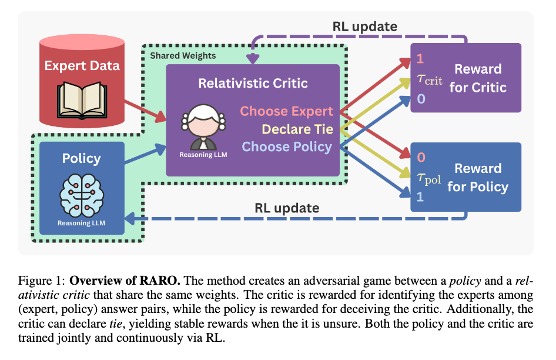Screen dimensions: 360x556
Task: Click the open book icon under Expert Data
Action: (x=82, y=98)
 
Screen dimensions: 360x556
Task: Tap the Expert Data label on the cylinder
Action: (x=82, y=65)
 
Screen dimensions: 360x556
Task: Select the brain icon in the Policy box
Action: (x=82, y=194)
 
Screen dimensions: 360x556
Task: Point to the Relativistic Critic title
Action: (x=253, y=83)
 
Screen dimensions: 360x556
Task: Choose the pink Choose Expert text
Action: (x=286, y=111)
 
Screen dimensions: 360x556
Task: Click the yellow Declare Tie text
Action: (x=297, y=129)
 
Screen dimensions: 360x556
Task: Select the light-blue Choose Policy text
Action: (x=287, y=146)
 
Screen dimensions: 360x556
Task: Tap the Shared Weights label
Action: (x=183, y=56)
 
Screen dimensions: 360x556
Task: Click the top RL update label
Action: (x=364, y=26)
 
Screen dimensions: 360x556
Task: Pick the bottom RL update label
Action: (x=287, y=208)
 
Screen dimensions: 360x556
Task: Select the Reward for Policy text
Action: (x=478, y=178)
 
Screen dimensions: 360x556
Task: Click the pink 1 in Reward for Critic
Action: (x=420, y=59)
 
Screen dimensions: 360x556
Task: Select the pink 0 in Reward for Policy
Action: (x=420, y=158)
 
